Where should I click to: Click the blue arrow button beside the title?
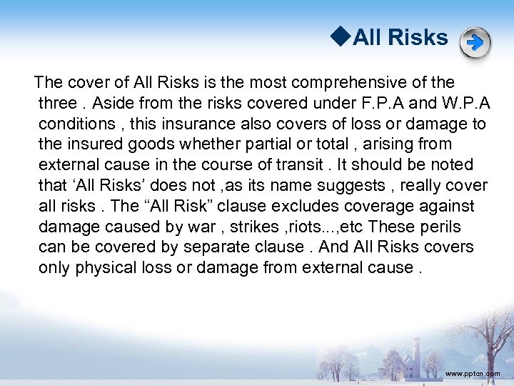tap(475, 42)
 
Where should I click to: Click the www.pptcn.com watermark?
tap(473, 374)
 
